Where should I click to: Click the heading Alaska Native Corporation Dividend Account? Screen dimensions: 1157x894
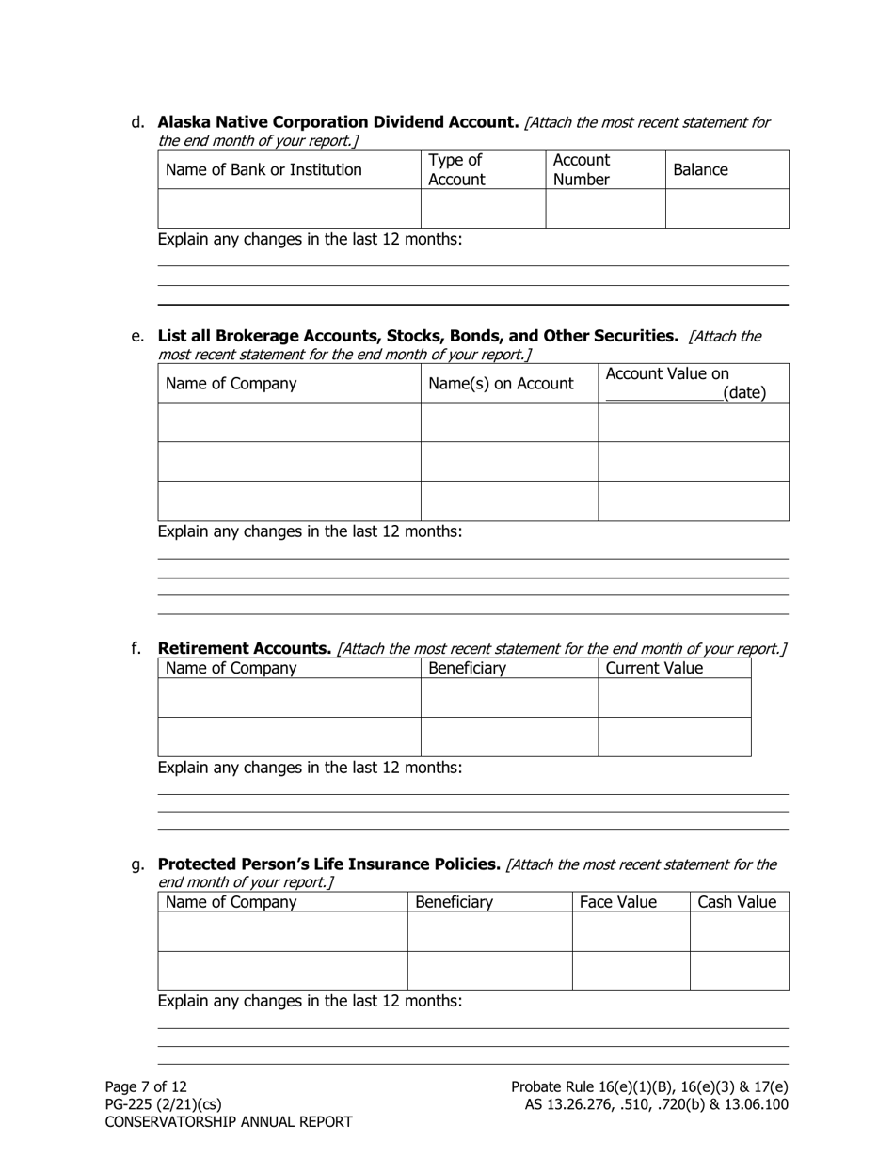click(x=338, y=122)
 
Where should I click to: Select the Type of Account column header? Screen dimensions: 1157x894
click(x=456, y=170)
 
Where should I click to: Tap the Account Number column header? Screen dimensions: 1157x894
click(x=582, y=170)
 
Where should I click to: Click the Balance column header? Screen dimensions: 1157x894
click(x=700, y=170)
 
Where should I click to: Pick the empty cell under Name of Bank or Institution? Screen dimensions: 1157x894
click(x=289, y=209)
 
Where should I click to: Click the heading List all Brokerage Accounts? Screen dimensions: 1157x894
click(x=417, y=336)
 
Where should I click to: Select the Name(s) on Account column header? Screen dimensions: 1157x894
click(x=501, y=384)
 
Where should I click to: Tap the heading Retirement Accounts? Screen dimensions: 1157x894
click(x=244, y=648)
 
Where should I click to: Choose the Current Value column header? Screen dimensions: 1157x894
click(x=654, y=669)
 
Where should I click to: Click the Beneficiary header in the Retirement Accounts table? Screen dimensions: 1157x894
click(x=467, y=669)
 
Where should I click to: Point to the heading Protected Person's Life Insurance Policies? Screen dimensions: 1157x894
click(x=328, y=864)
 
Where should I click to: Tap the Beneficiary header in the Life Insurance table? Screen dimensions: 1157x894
click(x=454, y=903)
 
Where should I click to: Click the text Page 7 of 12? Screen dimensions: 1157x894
click(x=146, y=1087)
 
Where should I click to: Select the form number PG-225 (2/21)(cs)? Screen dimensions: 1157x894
click(x=163, y=1104)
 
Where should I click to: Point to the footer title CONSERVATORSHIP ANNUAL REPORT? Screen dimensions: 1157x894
click(x=229, y=1122)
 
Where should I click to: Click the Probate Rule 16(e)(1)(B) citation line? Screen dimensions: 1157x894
click(x=649, y=1087)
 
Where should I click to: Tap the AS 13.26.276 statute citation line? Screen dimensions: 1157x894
click(x=656, y=1104)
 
